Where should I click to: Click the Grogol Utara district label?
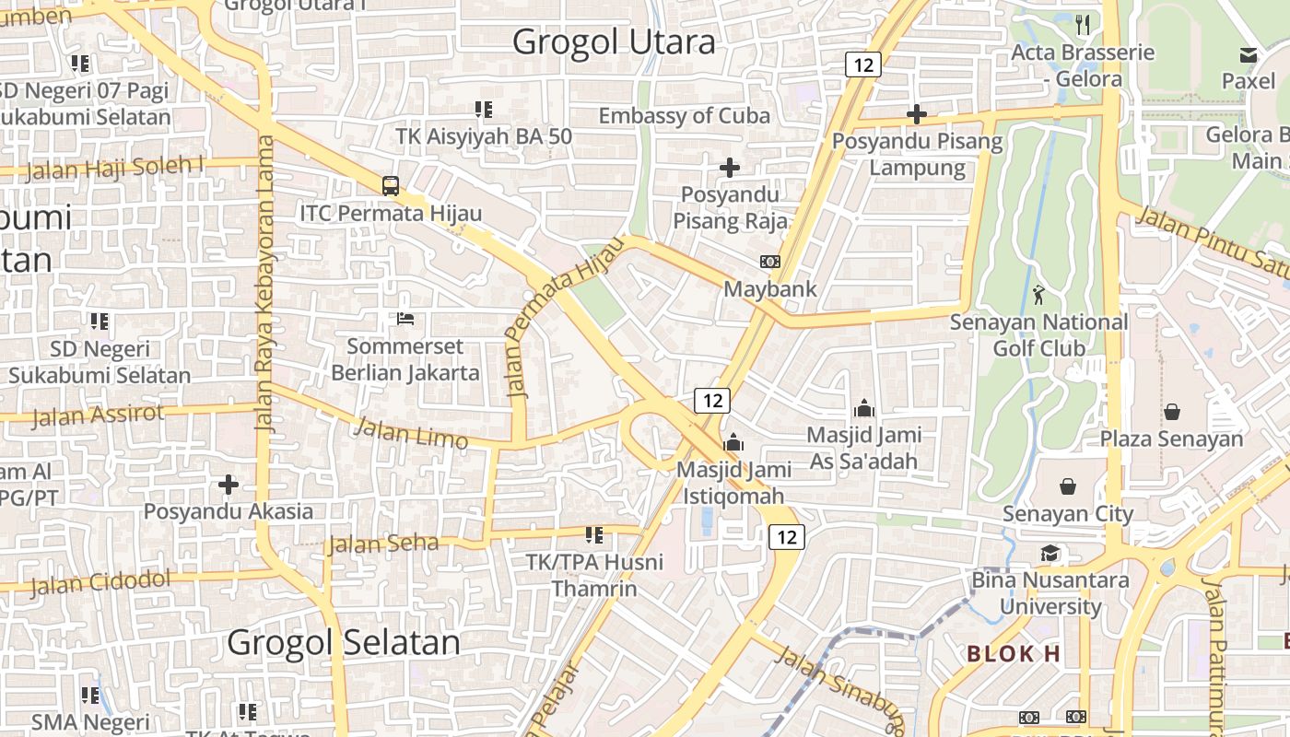click(613, 42)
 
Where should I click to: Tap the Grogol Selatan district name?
click(343, 642)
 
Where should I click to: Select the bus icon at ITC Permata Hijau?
click(391, 185)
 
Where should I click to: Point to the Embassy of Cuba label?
click(684, 116)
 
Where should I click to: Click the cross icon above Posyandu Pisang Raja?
click(729, 168)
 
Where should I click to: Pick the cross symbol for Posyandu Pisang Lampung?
click(916, 114)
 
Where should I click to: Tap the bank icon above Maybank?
click(769, 262)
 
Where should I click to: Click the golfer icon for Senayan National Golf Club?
click(1039, 295)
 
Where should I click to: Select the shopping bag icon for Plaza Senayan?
click(1172, 411)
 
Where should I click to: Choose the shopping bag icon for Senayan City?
click(1068, 485)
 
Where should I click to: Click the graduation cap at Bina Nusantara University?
click(1050, 553)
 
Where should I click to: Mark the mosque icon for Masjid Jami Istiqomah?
click(733, 442)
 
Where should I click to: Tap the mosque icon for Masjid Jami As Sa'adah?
click(864, 407)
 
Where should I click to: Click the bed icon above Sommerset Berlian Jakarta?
click(405, 319)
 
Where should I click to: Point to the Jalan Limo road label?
click(411, 432)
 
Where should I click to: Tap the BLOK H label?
click(1014, 654)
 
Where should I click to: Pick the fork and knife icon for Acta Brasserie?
click(1083, 25)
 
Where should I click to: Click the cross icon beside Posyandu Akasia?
click(229, 484)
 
